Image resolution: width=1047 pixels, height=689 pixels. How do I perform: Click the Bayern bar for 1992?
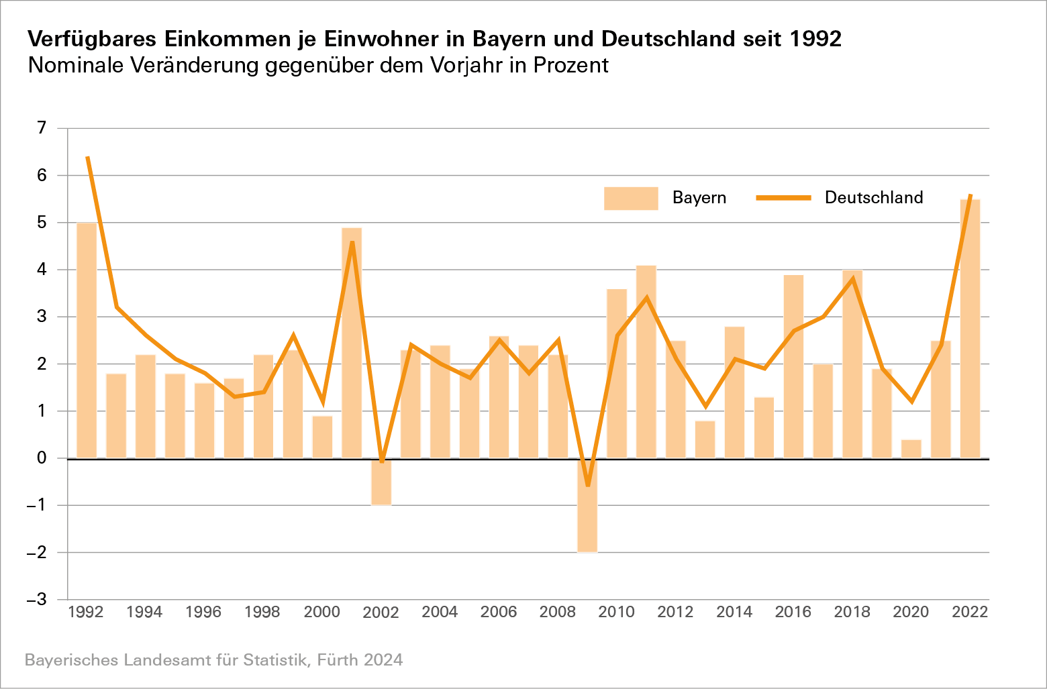(87, 340)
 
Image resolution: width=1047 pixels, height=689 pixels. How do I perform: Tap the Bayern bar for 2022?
(970, 329)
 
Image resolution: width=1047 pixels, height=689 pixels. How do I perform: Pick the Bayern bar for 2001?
(352, 343)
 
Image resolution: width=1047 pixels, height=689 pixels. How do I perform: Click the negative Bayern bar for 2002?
(381, 482)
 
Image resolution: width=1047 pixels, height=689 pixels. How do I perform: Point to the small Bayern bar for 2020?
(911, 449)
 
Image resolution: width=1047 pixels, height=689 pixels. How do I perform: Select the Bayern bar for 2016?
(793, 366)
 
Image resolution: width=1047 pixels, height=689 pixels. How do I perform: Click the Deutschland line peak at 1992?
(87, 157)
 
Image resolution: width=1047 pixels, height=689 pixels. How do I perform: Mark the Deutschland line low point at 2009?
(588, 485)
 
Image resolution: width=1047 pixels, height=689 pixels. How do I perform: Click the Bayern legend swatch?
(631, 199)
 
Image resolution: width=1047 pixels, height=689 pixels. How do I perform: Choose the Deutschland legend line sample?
(784, 198)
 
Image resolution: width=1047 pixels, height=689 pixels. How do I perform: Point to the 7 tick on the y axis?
(42, 127)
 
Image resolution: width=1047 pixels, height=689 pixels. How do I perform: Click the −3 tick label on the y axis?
(36, 599)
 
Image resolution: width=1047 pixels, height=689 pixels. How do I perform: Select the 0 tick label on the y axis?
(42, 458)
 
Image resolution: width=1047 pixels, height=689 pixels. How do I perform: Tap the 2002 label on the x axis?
(381, 612)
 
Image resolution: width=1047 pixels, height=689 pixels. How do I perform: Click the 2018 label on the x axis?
(852, 612)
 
